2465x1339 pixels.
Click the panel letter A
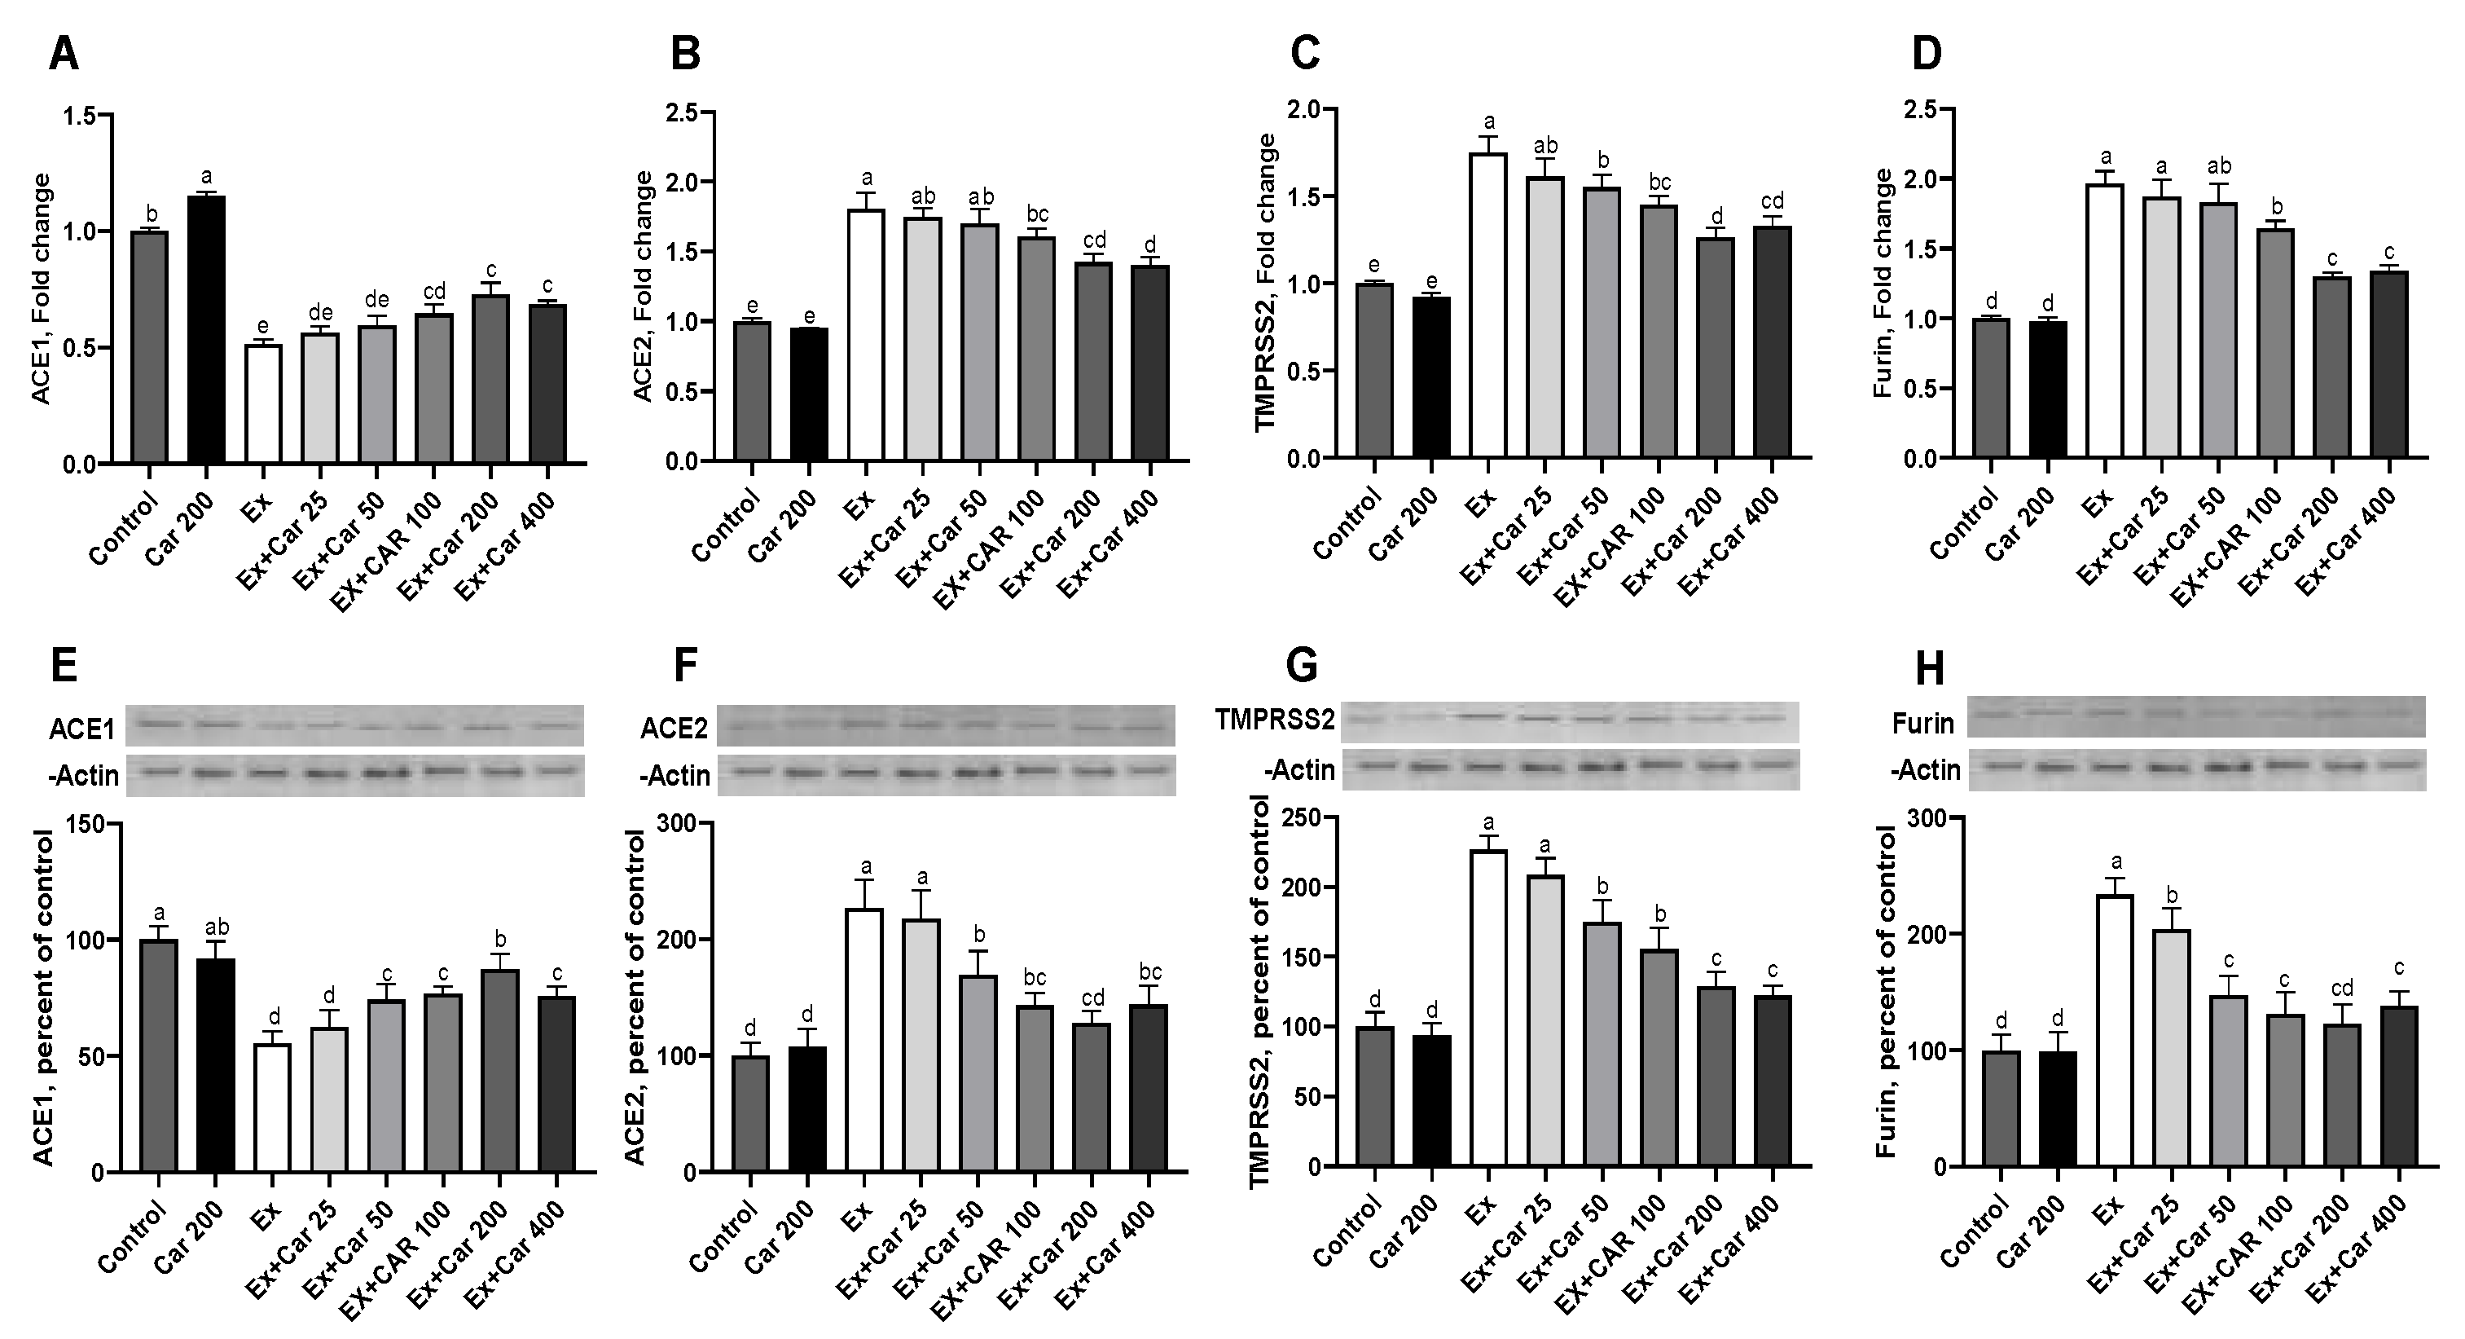point(64,55)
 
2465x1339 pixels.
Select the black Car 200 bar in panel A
point(206,330)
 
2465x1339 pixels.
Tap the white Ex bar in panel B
point(866,335)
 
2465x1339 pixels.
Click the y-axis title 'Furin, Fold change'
point(1883,284)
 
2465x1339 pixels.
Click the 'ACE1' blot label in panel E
point(82,729)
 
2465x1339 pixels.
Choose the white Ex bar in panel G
point(1489,1006)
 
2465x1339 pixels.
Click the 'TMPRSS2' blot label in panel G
point(1275,720)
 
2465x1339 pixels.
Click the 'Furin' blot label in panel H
point(1922,724)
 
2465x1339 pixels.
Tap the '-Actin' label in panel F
point(674,775)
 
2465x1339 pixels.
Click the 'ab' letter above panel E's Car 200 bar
point(215,927)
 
